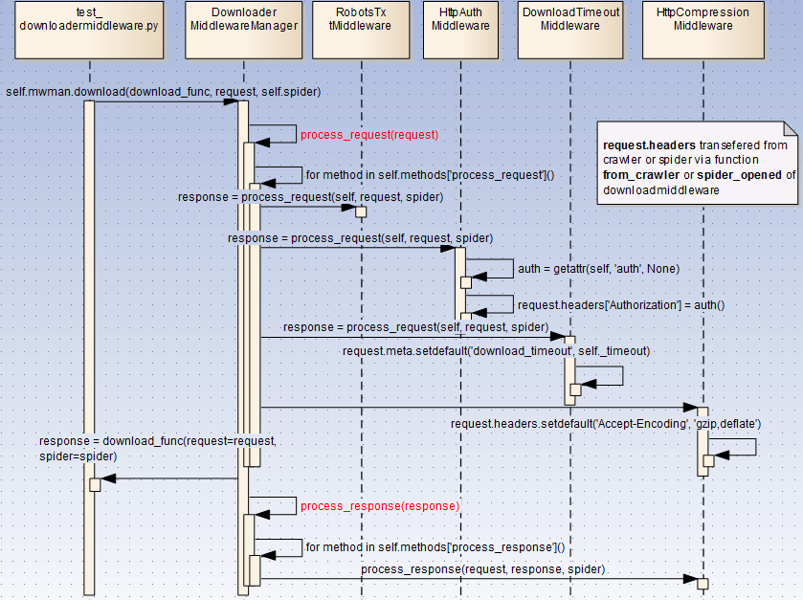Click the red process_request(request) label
[x=368, y=135]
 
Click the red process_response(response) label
[x=379, y=505]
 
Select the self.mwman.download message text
[x=163, y=92]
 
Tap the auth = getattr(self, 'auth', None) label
[x=598, y=269]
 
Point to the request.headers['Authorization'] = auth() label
[x=621, y=305]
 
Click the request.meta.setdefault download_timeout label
[x=496, y=351]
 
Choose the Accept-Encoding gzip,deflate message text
[x=606, y=423]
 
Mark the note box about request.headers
[x=697, y=163]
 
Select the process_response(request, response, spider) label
[x=482, y=569]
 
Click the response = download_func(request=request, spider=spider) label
[x=158, y=448]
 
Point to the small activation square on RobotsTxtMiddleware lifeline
[x=361, y=211]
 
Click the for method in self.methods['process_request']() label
[x=430, y=175]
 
